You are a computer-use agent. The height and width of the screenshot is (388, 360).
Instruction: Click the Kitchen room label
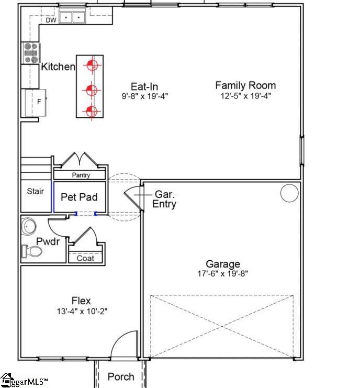pyautogui.click(x=58, y=66)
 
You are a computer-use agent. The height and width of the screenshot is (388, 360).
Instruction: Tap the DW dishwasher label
pyautogui.click(x=51, y=20)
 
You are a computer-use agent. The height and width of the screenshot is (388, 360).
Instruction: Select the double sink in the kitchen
pyautogui.click(x=73, y=18)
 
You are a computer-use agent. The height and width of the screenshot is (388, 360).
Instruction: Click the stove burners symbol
pyautogui.click(x=31, y=53)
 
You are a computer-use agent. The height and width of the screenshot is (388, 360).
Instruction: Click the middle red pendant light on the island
pyautogui.click(x=92, y=88)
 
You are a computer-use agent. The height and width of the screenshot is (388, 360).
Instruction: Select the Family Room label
pyautogui.click(x=245, y=85)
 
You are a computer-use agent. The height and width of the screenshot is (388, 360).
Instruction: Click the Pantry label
pyautogui.click(x=81, y=175)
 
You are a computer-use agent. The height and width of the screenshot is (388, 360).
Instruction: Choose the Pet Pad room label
pyautogui.click(x=80, y=197)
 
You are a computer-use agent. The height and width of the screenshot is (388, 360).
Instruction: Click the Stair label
pyautogui.click(x=36, y=192)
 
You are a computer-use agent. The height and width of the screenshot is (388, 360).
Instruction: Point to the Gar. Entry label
pyautogui.click(x=164, y=199)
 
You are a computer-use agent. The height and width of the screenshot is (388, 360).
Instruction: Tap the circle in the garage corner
pyautogui.click(x=289, y=193)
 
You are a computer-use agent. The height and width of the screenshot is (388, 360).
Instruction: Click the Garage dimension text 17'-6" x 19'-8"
pyautogui.click(x=223, y=274)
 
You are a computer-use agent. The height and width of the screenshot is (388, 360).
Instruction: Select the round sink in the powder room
pyautogui.click(x=29, y=227)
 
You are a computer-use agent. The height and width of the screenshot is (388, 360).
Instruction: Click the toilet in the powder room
pyautogui.click(x=32, y=252)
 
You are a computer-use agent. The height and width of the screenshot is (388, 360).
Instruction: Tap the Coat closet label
pyautogui.click(x=85, y=258)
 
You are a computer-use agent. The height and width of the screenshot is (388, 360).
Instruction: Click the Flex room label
pyautogui.click(x=81, y=301)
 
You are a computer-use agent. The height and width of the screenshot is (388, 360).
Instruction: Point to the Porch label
pyautogui.click(x=120, y=376)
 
